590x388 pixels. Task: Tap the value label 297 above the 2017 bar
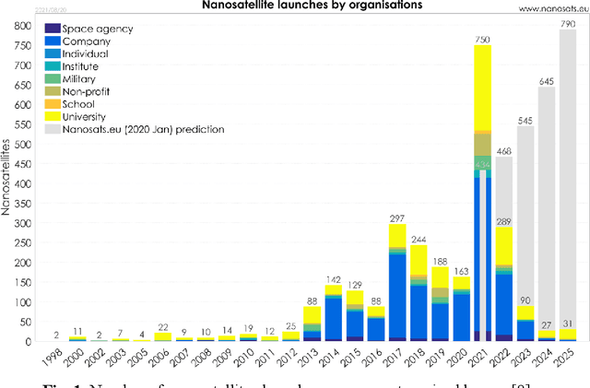pyautogui.click(x=397, y=218)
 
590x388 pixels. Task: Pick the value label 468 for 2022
pyautogui.click(x=503, y=150)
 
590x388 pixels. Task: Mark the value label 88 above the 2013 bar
pyautogui.click(x=313, y=300)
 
